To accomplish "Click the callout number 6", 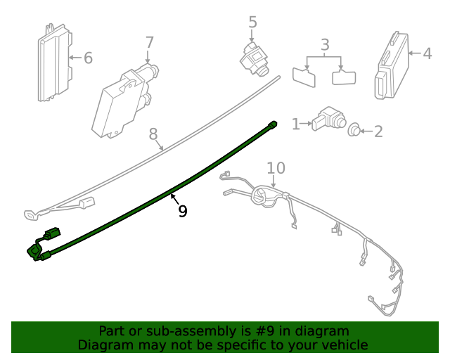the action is pyautogui.click(x=88, y=58).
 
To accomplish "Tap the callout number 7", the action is pyautogui.click(x=150, y=43).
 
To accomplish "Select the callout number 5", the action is pyautogui.click(x=252, y=22).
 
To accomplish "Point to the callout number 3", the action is pyautogui.click(x=325, y=45).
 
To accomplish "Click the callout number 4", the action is pyautogui.click(x=427, y=53).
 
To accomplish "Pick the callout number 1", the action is pyautogui.click(x=295, y=124).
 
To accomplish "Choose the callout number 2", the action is pyautogui.click(x=378, y=131).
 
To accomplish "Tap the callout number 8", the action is pyautogui.click(x=153, y=134).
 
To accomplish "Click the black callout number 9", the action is pyautogui.click(x=183, y=211).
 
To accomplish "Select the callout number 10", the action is pyautogui.click(x=276, y=168).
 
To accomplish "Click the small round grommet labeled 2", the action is pyautogui.click(x=354, y=130).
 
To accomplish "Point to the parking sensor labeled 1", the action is pyautogui.click(x=329, y=119).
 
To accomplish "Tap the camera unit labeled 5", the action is pyautogui.click(x=254, y=60).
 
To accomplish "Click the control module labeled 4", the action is pyautogui.click(x=392, y=65).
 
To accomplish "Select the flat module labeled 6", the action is pyautogui.click(x=55, y=63).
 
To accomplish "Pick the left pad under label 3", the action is pyautogui.click(x=304, y=77).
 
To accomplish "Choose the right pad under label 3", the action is pyautogui.click(x=344, y=77).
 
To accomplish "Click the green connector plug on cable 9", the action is pyautogui.click(x=53, y=233).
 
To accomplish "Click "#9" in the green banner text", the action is pyautogui.click(x=264, y=331).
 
